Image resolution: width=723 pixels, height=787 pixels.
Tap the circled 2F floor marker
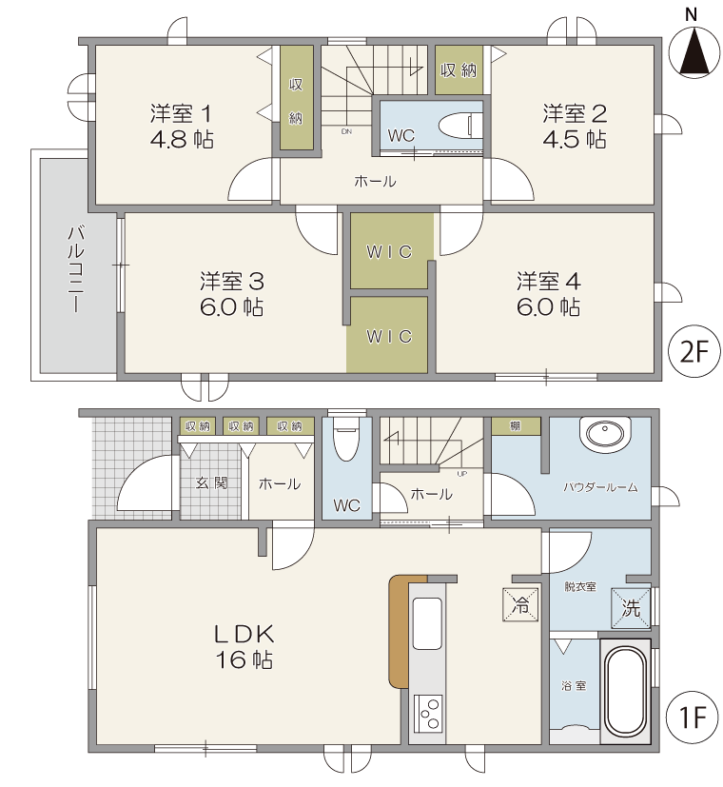pos(694,351)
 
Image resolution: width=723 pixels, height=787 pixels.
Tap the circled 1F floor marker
pos(693,717)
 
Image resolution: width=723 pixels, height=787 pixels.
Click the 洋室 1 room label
pos(181,114)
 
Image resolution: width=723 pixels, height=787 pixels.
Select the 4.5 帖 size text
pos(575,139)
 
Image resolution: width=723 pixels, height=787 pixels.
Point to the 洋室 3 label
pos(232,281)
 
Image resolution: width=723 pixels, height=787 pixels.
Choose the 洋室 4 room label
pos(548,281)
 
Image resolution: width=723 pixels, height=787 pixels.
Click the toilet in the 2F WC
pos(460,126)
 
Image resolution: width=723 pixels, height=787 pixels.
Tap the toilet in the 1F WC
pos(345,439)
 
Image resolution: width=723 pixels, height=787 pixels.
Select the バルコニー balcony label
pos(76,269)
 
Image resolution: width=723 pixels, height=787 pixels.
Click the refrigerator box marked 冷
pos(520,604)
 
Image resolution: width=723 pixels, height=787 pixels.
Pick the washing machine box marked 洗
pos(631,608)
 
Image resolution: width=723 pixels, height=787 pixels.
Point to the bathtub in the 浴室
pos(625,691)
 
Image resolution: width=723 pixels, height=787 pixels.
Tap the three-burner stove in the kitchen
pos(428,714)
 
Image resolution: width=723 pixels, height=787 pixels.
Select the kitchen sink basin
pos(427,623)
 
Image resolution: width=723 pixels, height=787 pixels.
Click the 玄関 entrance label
pos(211,482)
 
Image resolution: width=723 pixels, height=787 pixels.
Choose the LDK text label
pos(244,635)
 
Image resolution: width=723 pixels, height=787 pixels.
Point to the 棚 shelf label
pos(516,426)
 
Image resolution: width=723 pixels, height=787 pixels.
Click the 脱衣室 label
pos(580,586)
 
